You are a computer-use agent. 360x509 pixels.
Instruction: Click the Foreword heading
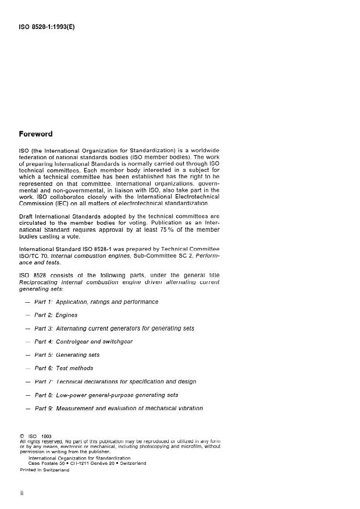[x=35, y=134]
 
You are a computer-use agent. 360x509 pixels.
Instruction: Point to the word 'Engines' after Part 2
[x=67, y=315]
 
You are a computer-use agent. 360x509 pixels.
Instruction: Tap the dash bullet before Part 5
[x=27, y=355]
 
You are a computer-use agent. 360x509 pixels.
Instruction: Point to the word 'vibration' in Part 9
[x=186, y=408]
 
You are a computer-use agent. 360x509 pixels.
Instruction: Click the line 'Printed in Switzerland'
[x=44, y=469]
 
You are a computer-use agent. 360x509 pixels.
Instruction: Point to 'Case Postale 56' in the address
[x=48, y=463]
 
